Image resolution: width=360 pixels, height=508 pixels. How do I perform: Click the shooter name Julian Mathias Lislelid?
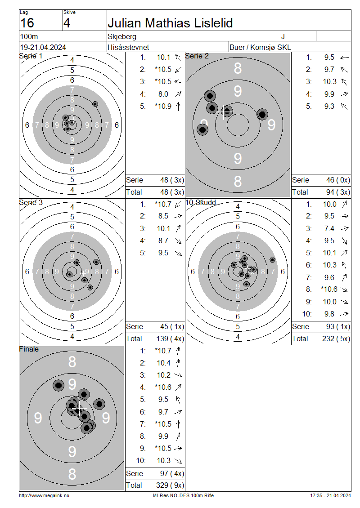(x=170, y=23)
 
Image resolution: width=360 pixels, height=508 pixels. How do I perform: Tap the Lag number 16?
(x=27, y=23)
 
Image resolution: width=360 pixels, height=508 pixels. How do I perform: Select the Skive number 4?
(x=67, y=23)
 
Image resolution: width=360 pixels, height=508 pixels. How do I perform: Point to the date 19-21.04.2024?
(x=43, y=47)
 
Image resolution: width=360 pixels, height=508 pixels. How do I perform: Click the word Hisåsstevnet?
(x=128, y=47)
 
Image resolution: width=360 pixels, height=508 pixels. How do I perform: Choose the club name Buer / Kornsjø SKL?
(x=260, y=47)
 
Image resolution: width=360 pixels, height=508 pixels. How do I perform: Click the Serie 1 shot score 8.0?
(x=163, y=94)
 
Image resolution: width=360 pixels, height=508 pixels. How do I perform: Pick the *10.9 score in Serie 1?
(x=163, y=106)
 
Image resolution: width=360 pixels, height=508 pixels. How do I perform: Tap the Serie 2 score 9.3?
(x=329, y=106)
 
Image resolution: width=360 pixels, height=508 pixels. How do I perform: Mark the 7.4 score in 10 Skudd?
(x=329, y=229)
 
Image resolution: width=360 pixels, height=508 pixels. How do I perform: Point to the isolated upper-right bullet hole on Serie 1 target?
(x=95, y=104)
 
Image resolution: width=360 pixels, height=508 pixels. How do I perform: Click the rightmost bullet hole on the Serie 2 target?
(x=262, y=114)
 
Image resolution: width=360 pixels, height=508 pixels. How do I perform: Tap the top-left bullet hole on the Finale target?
(x=58, y=385)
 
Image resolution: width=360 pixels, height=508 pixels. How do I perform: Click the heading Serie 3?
(x=31, y=202)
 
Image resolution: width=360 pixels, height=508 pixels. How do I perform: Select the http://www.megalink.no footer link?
(x=44, y=495)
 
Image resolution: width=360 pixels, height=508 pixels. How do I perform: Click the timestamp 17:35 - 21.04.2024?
(x=330, y=495)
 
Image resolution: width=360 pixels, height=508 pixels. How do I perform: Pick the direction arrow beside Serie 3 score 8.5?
(x=178, y=216)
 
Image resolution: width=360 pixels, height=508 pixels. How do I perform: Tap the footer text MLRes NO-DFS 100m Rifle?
(x=183, y=495)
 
